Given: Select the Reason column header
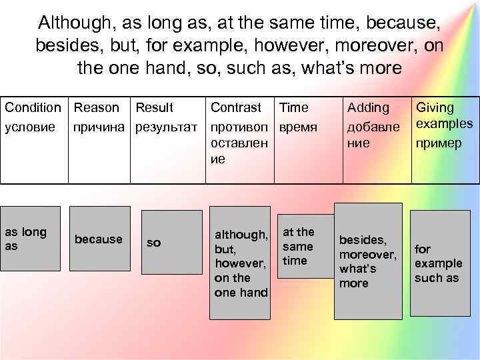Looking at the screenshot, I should pos(97,108).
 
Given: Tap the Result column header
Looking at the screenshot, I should pos(154,108).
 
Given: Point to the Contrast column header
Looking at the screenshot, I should pos(236,108).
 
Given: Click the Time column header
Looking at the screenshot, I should pos(294,108).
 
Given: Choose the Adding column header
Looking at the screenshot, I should pos(368,108).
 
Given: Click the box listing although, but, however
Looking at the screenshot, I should pos(240,264).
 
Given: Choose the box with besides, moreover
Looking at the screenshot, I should pos(368,261).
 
